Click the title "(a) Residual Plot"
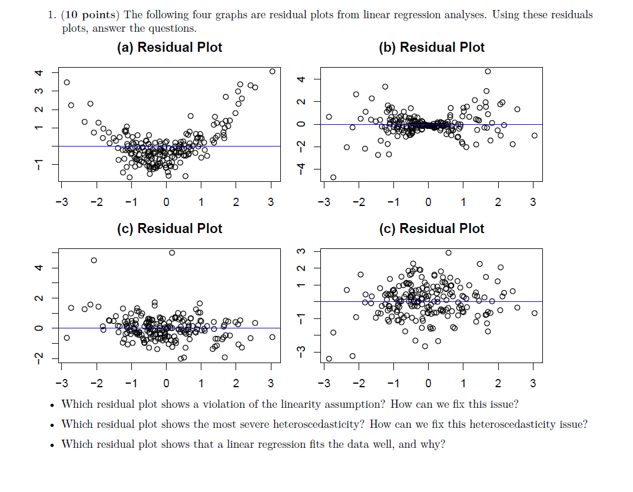(x=170, y=48)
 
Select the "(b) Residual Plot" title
(x=432, y=48)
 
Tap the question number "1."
(x=52, y=15)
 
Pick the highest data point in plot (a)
(x=272, y=71)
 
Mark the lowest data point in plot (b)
(x=333, y=177)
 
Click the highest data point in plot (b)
(x=488, y=71)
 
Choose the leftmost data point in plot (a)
(x=67, y=82)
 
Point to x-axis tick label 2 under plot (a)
(x=236, y=202)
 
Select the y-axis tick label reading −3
(x=301, y=352)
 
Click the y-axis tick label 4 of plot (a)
(x=39, y=73)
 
